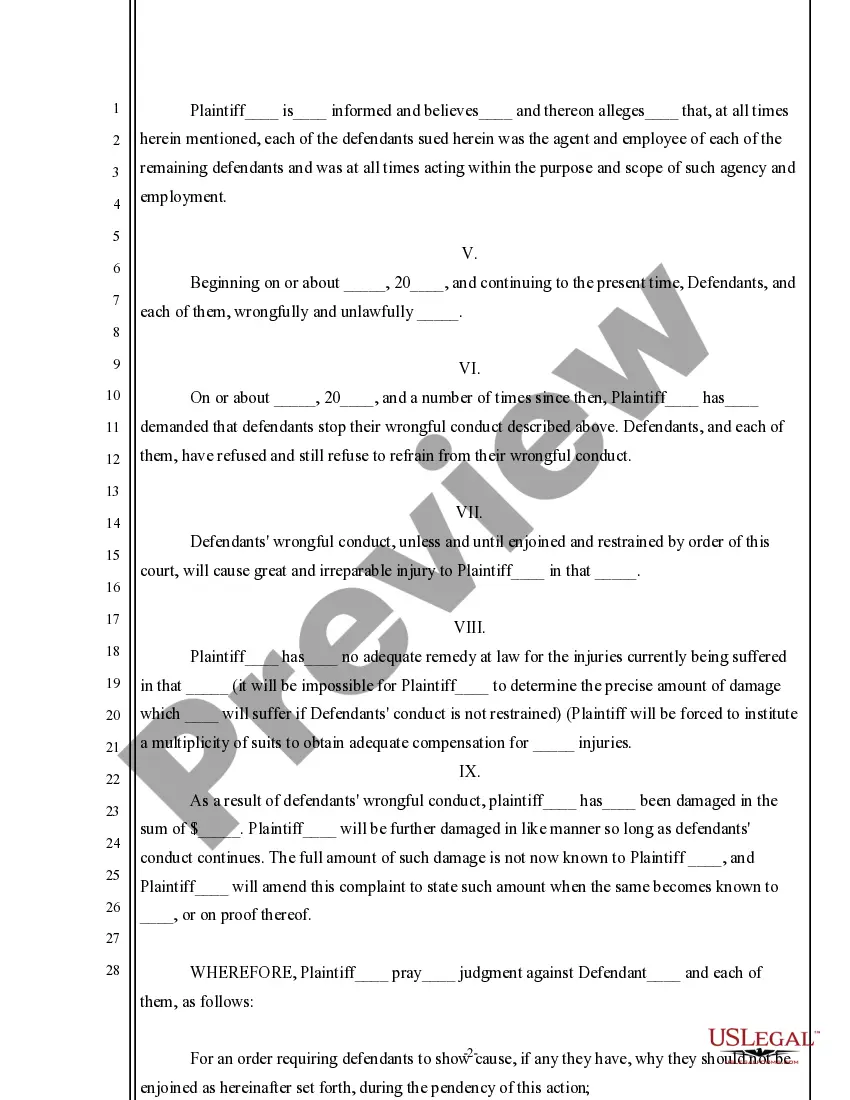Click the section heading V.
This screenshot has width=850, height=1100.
469,254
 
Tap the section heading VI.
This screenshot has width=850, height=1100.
469,369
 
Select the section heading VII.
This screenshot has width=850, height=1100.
469,513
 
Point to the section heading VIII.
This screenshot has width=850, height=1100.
469,628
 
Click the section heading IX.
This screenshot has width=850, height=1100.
469,772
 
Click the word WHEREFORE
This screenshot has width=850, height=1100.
242,973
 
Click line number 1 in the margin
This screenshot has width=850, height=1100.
116,109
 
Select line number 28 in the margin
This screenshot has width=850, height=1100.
113,970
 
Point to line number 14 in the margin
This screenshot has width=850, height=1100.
113,523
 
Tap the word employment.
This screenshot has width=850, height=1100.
182,197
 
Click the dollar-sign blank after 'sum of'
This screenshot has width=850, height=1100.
219,830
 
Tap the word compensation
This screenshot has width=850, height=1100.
459,743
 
